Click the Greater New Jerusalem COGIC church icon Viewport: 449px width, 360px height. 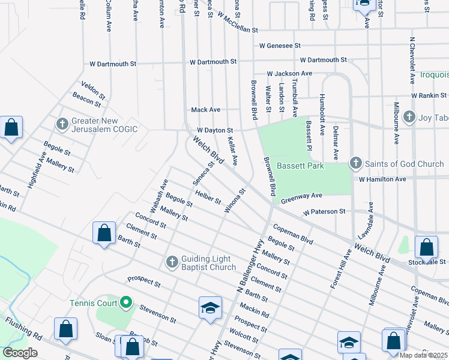tap(62, 124)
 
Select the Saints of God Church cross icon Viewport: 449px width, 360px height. tap(355, 163)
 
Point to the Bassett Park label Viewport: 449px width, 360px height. tap(300, 166)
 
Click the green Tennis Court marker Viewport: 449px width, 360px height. tap(126, 303)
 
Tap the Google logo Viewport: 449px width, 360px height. tap(20, 353)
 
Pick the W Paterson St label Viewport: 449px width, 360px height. tap(324, 212)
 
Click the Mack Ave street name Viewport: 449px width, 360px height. tap(205, 110)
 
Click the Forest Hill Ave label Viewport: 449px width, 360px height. tap(340, 270)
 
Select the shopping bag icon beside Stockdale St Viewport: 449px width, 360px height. tap(426, 247)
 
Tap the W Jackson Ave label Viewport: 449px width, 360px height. tap(289, 73)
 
